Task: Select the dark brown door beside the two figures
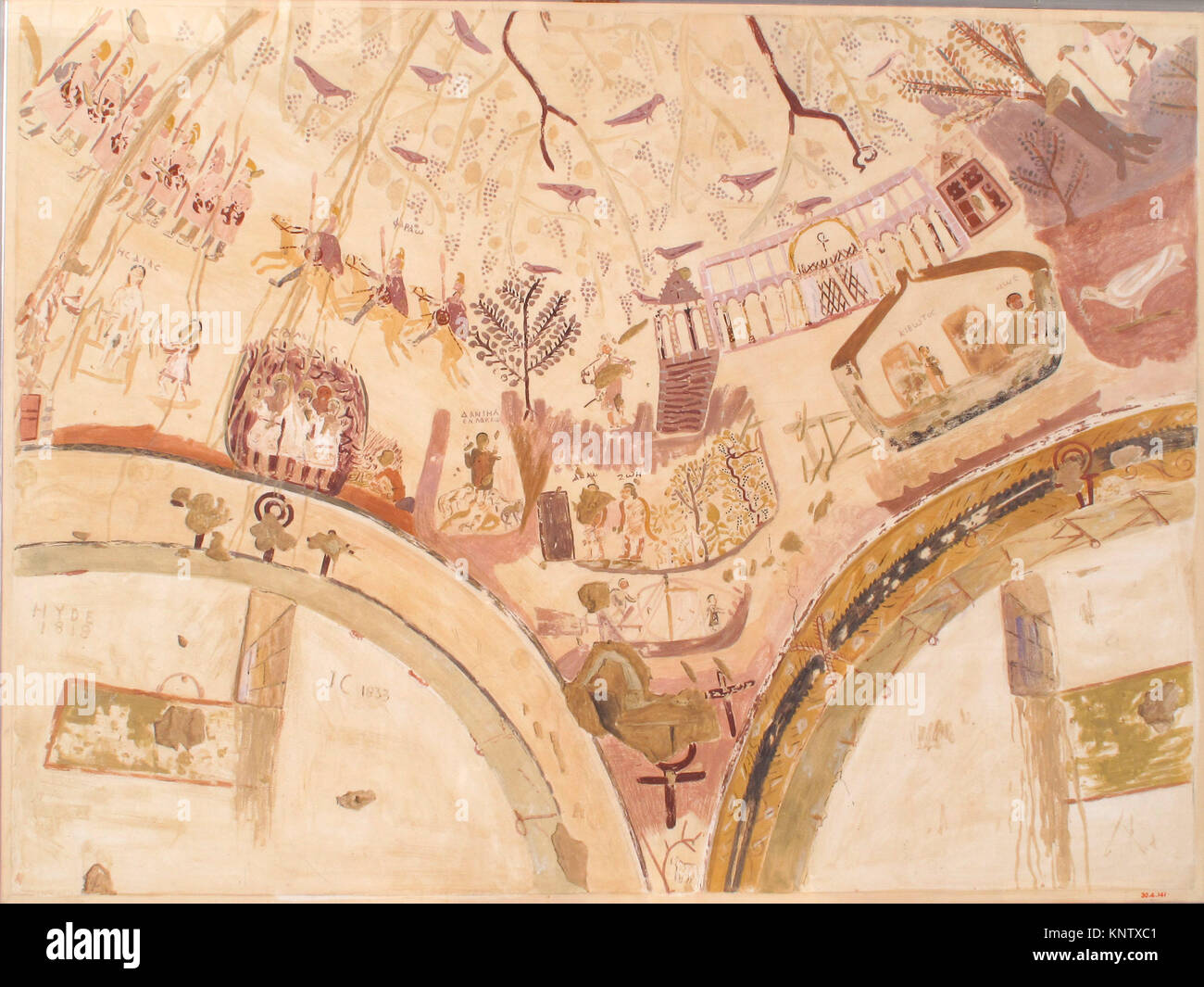[554, 525]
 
